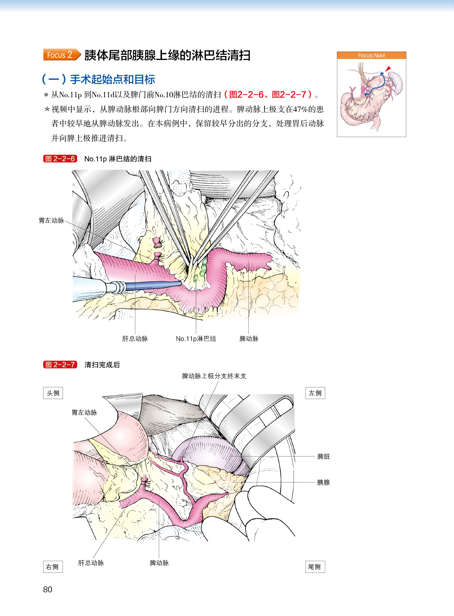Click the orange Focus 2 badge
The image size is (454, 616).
point(61,55)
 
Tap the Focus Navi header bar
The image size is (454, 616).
point(371,55)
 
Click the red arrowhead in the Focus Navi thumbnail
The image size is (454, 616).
point(388,68)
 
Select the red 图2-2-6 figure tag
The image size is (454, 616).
point(60,159)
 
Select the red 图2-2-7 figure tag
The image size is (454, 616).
point(60,365)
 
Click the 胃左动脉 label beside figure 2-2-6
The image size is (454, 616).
point(52,221)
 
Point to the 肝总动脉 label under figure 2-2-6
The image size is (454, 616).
point(135,339)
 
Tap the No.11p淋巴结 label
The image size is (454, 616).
point(196,339)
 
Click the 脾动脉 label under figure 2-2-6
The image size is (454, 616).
point(249,339)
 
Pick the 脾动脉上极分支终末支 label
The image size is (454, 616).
point(214,376)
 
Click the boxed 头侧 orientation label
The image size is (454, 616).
point(53,393)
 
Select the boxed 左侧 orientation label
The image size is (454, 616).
point(315,393)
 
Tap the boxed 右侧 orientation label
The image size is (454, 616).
point(53,567)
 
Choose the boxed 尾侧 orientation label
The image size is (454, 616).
point(315,567)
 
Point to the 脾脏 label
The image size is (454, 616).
point(323,457)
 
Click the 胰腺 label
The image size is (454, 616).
point(323,482)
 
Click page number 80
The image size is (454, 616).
point(48,590)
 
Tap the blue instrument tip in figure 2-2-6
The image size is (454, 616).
point(172,284)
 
